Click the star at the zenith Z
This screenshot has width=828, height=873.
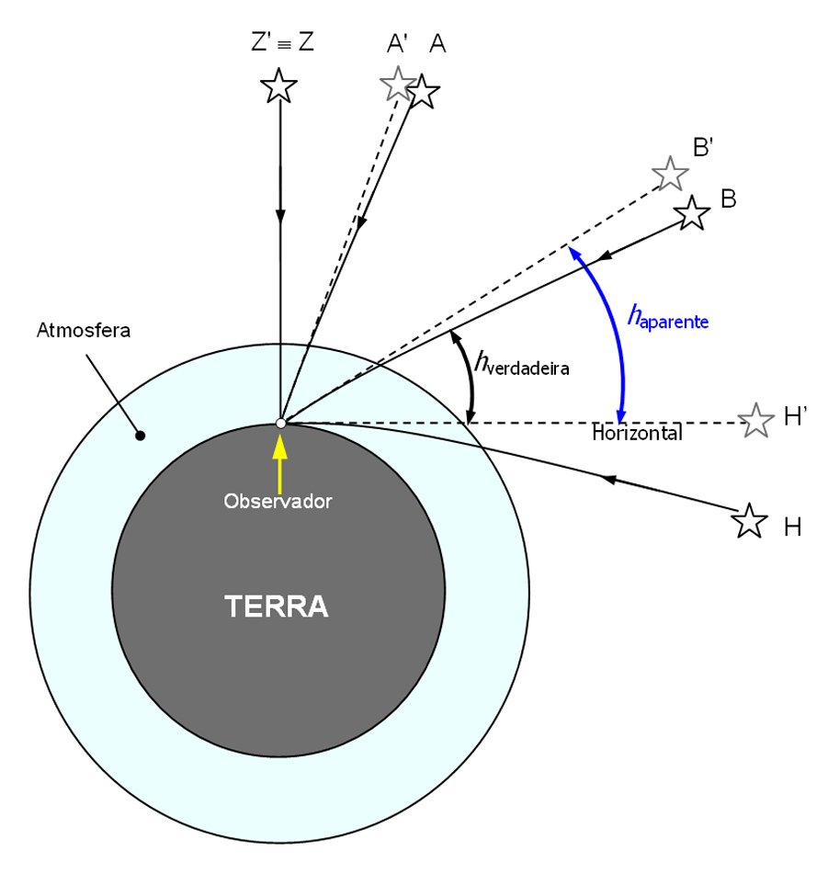tap(278, 86)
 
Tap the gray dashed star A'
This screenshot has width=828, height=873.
tap(397, 84)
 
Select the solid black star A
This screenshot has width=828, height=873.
tap(422, 92)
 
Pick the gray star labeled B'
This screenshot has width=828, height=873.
tap(670, 173)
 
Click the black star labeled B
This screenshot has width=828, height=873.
tap(692, 213)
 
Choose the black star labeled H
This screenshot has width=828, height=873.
tap(749, 521)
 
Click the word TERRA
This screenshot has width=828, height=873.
tap(277, 607)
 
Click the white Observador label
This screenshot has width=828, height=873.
tap(278, 502)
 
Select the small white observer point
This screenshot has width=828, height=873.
tap(280, 423)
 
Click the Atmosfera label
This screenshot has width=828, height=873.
tap(84, 331)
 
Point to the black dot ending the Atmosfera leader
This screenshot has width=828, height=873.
tap(140, 435)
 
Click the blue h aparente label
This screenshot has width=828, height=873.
tap(668, 318)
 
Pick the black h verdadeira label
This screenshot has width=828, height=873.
tap(522, 364)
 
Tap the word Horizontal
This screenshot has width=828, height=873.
tap(637, 434)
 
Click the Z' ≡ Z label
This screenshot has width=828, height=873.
tap(282, 42)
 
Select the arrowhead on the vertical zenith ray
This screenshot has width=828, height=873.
tap(279, 216)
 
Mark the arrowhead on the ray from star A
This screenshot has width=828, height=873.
tap(362, 224)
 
